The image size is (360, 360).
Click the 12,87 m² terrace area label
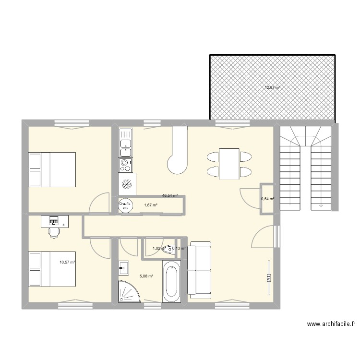coord(272,88)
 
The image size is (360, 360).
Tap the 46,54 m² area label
coord(170,196)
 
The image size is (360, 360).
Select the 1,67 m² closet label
coord(151,205)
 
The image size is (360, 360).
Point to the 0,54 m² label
coord(267,199)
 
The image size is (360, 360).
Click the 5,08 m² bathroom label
coord(146,276)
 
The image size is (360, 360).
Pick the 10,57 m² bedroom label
coord(67,262)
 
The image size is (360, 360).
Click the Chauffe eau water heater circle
coord(125,205)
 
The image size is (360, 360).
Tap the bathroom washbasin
coord(123,267)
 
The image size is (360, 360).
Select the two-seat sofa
coord(199,270)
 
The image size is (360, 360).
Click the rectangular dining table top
coord(229,164)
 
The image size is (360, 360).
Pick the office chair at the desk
coord(54,232)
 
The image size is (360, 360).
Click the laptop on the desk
coord(53,220)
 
